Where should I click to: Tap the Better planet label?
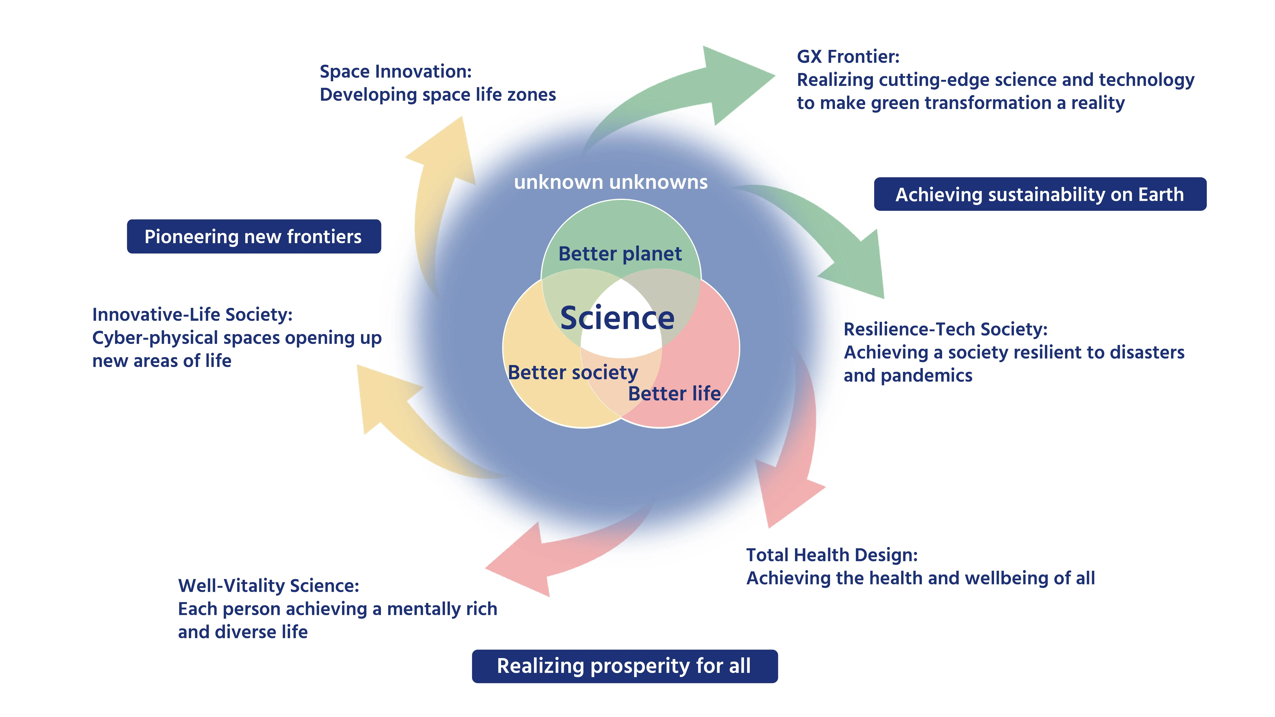(620, 254)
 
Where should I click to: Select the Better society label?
(573, 373)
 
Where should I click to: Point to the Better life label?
(674, 394)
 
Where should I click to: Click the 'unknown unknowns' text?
(611, 182)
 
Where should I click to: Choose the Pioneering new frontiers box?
(253, 236)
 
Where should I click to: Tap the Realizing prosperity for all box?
(624, 666)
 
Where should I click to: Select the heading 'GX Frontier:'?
(848, 57)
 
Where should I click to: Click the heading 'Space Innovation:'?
(395, 72)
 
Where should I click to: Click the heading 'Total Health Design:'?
(831, 555)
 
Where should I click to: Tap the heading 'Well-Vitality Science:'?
(268, 586)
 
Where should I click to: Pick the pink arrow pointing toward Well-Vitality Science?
(554, 554)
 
